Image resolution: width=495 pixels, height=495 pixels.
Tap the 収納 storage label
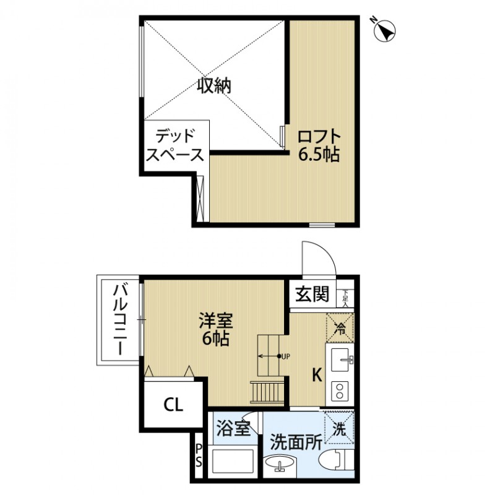coord(214,86)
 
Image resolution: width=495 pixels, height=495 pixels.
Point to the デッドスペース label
coord(175,145)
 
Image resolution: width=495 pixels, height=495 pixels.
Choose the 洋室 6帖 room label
coord(215,330)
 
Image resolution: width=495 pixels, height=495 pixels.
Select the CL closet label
coord(173,405)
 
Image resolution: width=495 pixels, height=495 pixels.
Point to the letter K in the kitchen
coord(316,375)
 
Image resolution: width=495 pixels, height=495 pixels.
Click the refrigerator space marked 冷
coord(340,329)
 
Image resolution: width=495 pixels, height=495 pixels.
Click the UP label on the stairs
coord(285,356)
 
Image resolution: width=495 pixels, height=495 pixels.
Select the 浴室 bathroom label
coord(234,427)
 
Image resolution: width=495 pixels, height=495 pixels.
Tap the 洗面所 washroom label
coord(296,442)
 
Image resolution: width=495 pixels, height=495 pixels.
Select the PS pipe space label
coord(199,456)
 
